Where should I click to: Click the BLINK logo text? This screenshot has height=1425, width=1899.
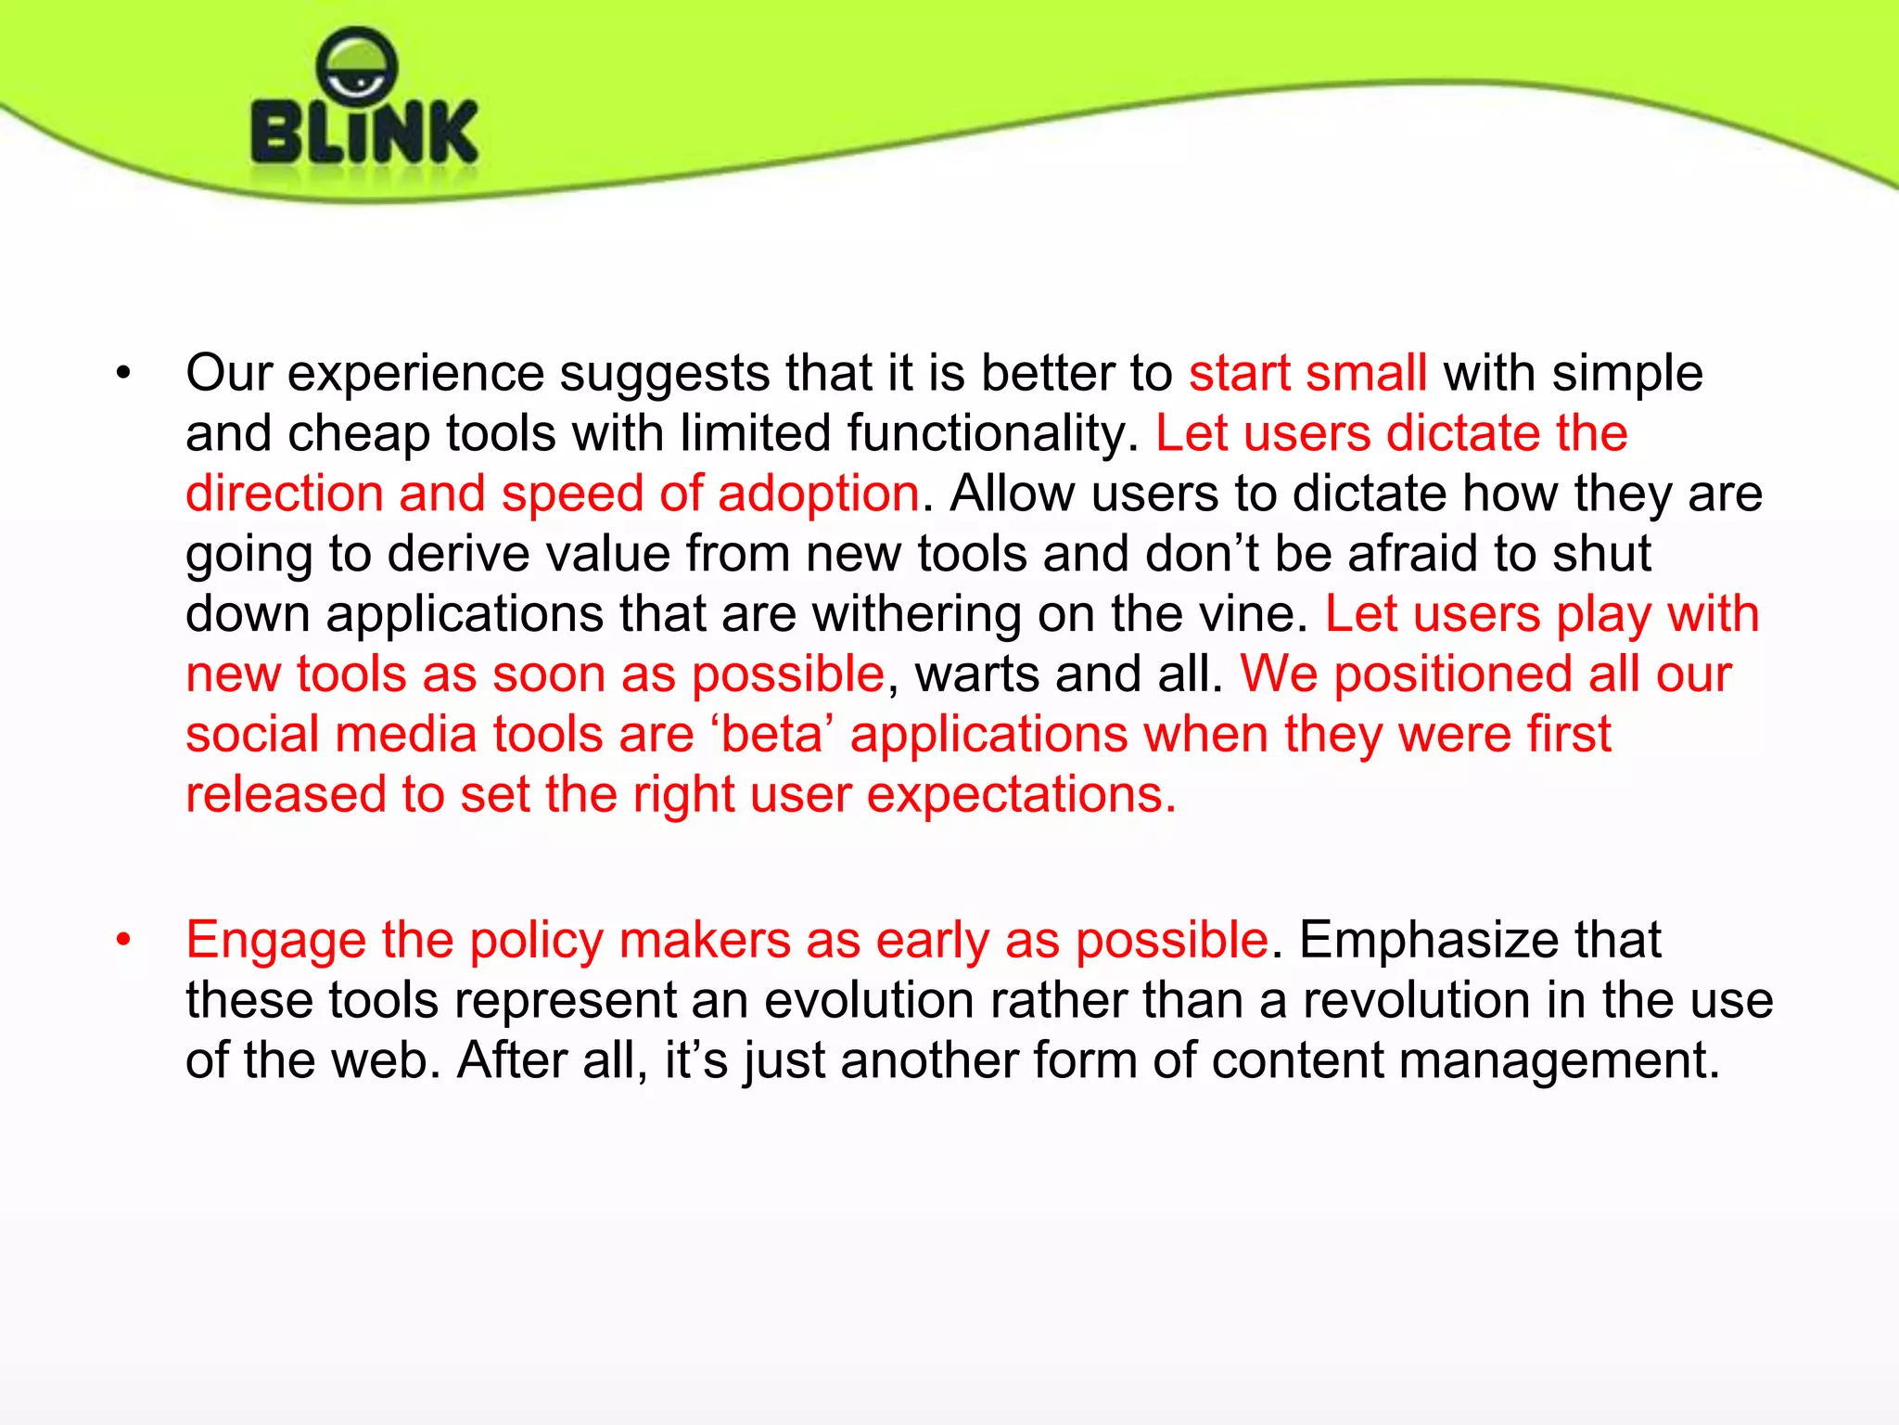pyautogui.click(x=364, y=133)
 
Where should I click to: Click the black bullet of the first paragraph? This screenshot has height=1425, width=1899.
pyautogui.click(x=123, y=374)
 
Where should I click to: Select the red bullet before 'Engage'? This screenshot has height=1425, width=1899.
pyautogui.click(x=123, y=941)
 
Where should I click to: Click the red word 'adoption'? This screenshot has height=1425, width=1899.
pyautogui.click(x=818, y=494)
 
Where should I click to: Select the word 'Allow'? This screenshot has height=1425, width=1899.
pyautogui.click(x=1012, y=494)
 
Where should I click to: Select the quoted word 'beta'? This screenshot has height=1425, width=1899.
pyautogui.click(x=772, y=735)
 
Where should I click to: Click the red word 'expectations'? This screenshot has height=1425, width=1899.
pyautogui.click(x=1014, y=796)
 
